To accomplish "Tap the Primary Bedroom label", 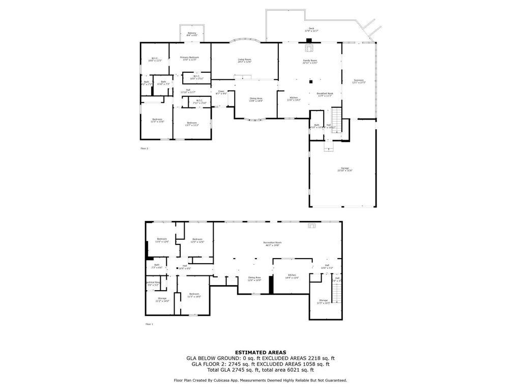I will pyautogui.click(x=189, y=59).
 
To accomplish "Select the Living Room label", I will pyautogui.click(x=245, y=61).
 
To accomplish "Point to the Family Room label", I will pyautogui.click(x=310, y=62).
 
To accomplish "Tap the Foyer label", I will pyautogui.click(x=221, y=92).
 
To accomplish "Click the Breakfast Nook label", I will pyautogui.click(x=325, y=94).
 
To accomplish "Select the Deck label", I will pyautogui.click(x=311, y=30).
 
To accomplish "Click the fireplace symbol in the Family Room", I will pyautogui.click(x=308, y=48).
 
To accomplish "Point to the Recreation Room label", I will pyautogui.click(x=272, y=243).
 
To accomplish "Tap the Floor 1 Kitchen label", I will pyautogui.click(x=292, y=276).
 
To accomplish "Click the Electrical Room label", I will pyautogui.click(x=153, y=283).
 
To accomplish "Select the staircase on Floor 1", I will pyautogui.click(x=336, y=293).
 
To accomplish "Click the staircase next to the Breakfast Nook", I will pyautogui.click(x=336, y=120).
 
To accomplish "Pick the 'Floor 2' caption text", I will pyautogui.click(x=144, y=149).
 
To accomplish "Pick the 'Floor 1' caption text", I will pyautogui.click(x=149, y=324).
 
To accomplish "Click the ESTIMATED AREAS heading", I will pyautogui.click(x=260, y=352).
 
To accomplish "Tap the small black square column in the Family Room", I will pyautogui.click(x=310, y=80).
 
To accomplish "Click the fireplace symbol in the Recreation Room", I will pyautogui.click(x=312, y=226).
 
